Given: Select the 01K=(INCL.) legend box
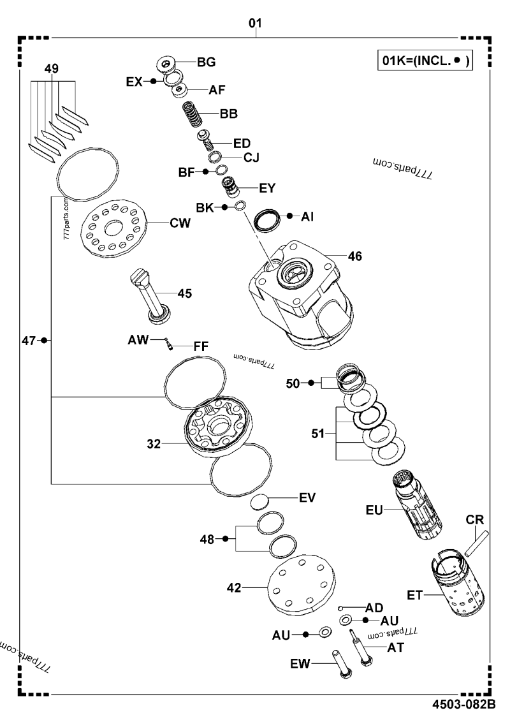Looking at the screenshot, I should [424, 62].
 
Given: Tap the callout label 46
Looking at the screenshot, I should [355, 256].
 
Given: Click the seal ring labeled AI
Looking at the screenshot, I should [268, 221].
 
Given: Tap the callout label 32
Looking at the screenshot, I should [154, 441].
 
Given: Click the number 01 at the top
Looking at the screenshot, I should [255, 24].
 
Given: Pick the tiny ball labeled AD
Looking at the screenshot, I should [342, 608].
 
